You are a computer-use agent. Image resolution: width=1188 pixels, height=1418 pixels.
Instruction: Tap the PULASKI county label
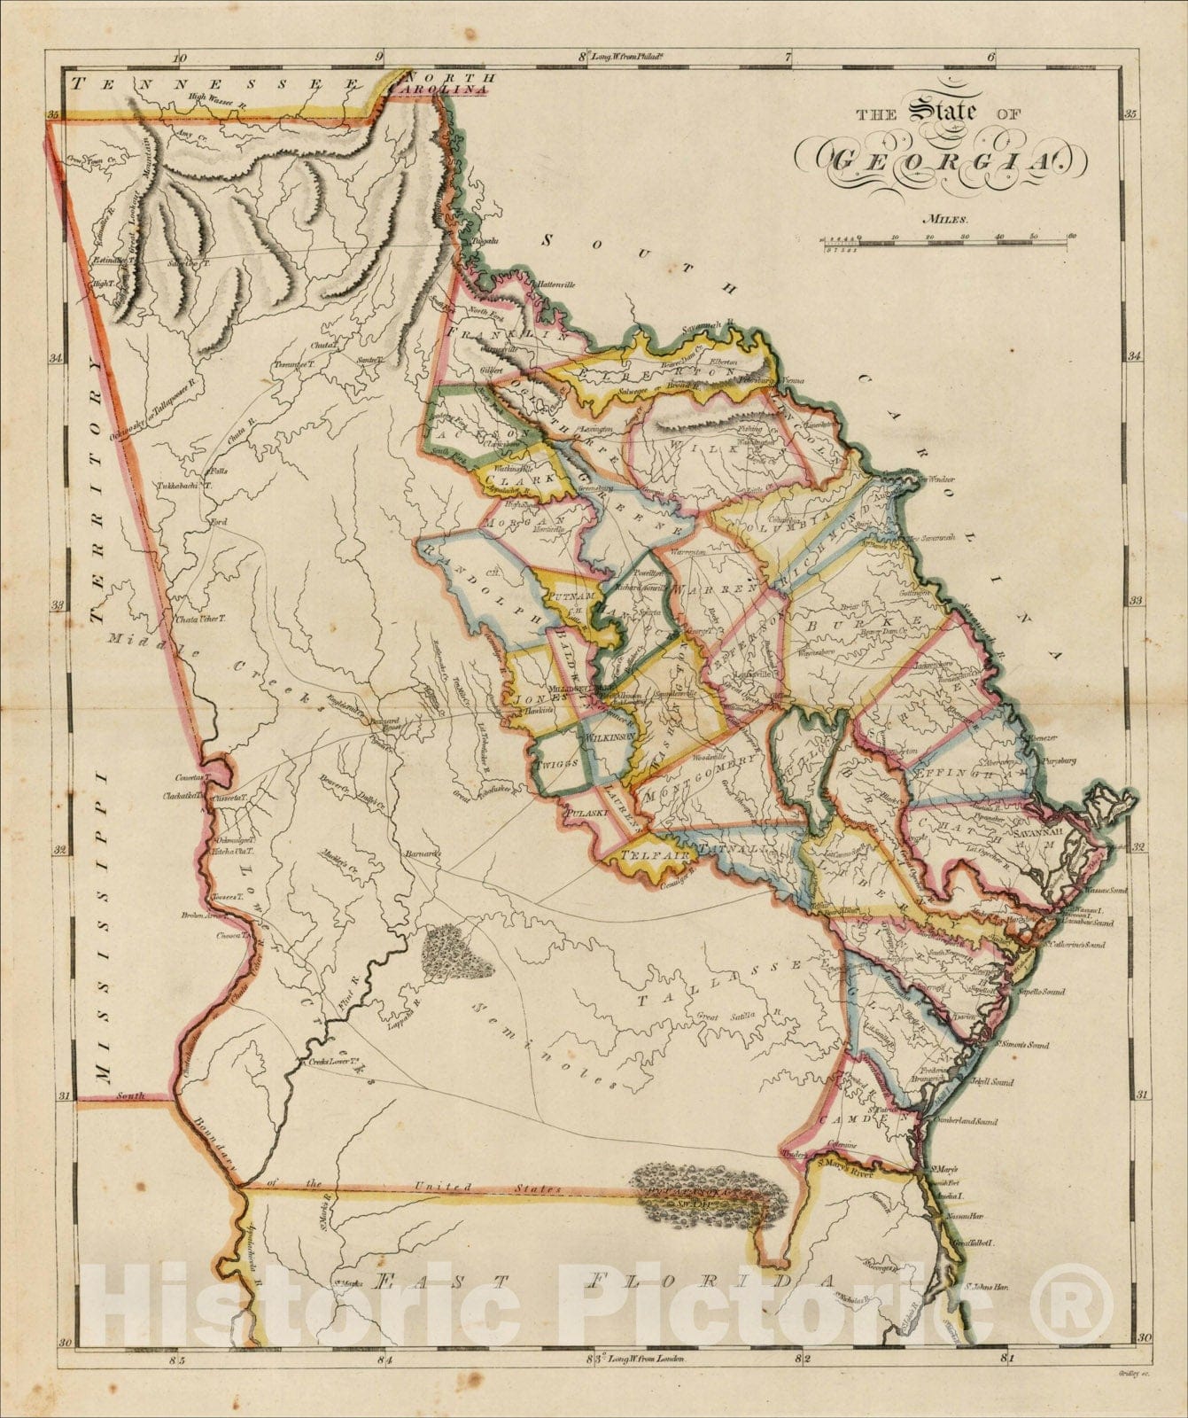[x=586, y=812]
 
